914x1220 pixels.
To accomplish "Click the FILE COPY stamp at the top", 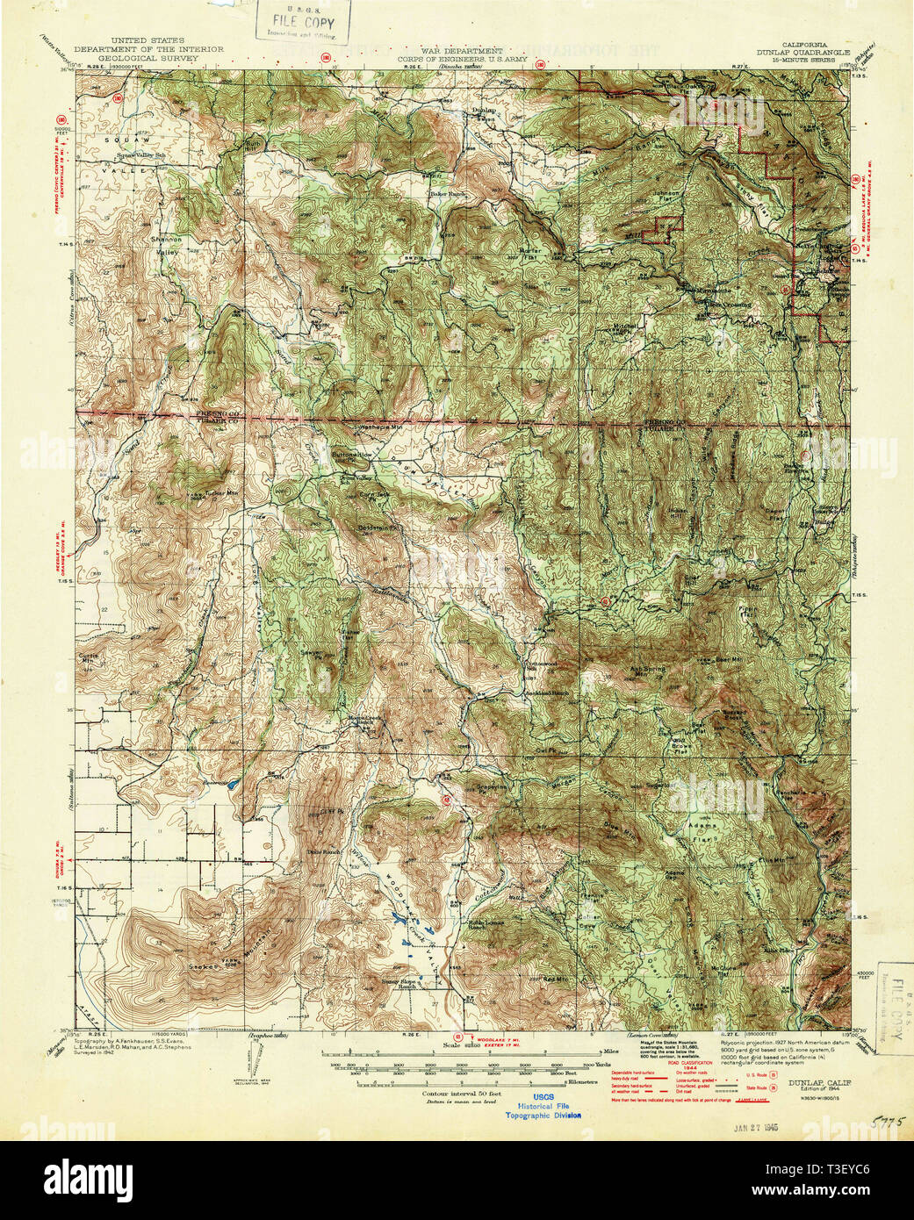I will pyautogui.click(x=303, y=19).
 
